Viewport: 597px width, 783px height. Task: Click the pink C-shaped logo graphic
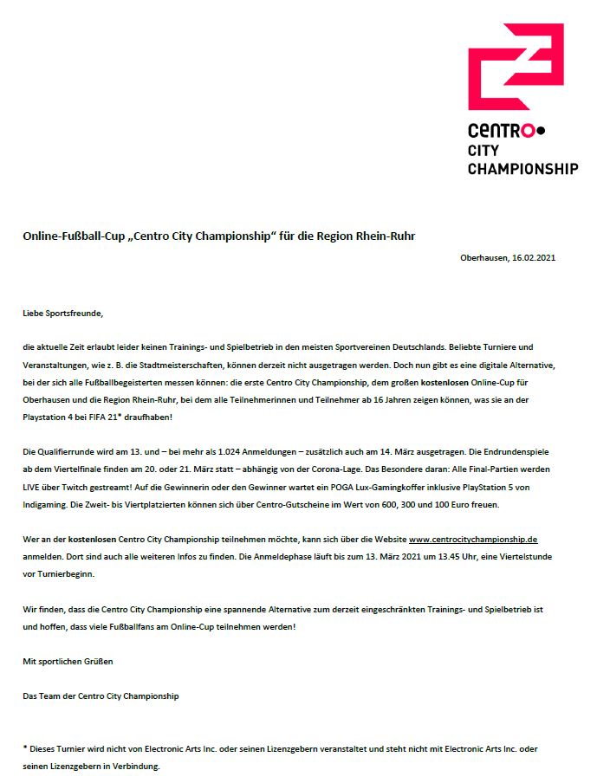tap(516, 67)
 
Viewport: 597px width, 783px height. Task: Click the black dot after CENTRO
tap(542, 132)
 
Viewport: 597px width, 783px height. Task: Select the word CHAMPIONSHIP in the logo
tap(522, 168)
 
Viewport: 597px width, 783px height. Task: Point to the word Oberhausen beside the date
tap(483, 259)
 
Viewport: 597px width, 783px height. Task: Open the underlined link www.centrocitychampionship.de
tap(473, 539)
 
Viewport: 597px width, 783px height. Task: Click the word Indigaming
tap(48, 505)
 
